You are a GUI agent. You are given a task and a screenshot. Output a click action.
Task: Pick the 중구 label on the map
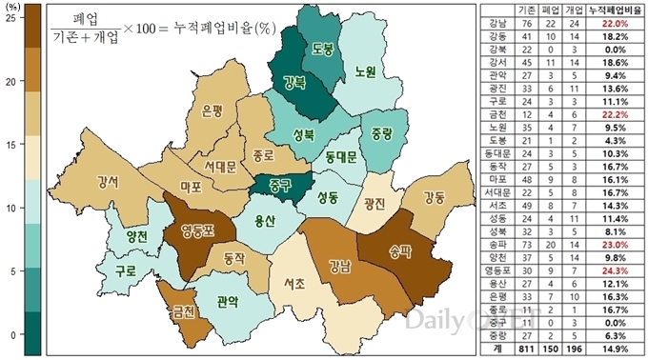(279, 184)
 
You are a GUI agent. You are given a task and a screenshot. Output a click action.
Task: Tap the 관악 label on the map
(228, 302)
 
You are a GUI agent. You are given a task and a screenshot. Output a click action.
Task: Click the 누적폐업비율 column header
(617, 9)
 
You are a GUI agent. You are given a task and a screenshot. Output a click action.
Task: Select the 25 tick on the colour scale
(10, 19)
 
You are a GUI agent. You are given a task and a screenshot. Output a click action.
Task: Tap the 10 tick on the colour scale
(10, 208)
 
